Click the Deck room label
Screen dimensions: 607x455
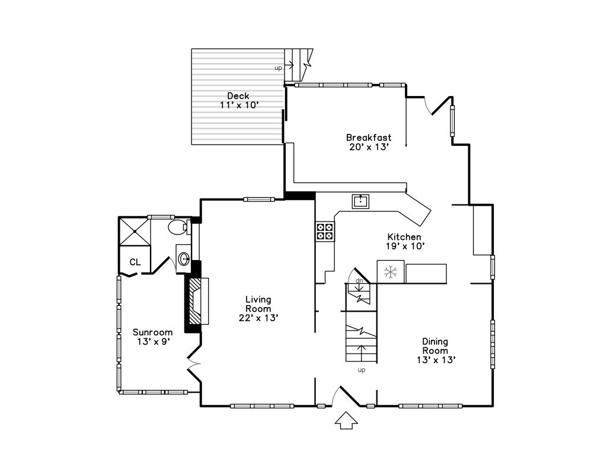[x=238, y=96]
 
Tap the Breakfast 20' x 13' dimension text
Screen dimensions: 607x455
[x=369, y=147]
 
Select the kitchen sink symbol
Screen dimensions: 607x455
[x=360, y=201]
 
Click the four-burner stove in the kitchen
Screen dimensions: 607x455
[x=325, y=231]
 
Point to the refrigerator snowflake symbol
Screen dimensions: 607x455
[x=391, y=271]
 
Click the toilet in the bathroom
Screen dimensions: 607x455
[x=179, y=227]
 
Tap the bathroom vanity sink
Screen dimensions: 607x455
[x=184, y=257]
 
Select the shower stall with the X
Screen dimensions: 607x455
[x=134, y=232]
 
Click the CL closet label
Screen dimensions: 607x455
[x=135, y=262]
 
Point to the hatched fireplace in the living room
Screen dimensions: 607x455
[x=197, y=301]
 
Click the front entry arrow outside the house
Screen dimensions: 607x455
[x=346, y=420]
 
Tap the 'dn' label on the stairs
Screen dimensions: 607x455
[x=359, y=280]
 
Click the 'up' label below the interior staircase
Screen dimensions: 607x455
[x=361, y=370]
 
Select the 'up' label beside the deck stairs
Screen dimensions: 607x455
[x=278, y=68]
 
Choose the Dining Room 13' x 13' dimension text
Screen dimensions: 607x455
[x=436, y=360]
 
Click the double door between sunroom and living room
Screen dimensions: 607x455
[x=194, y=363]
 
